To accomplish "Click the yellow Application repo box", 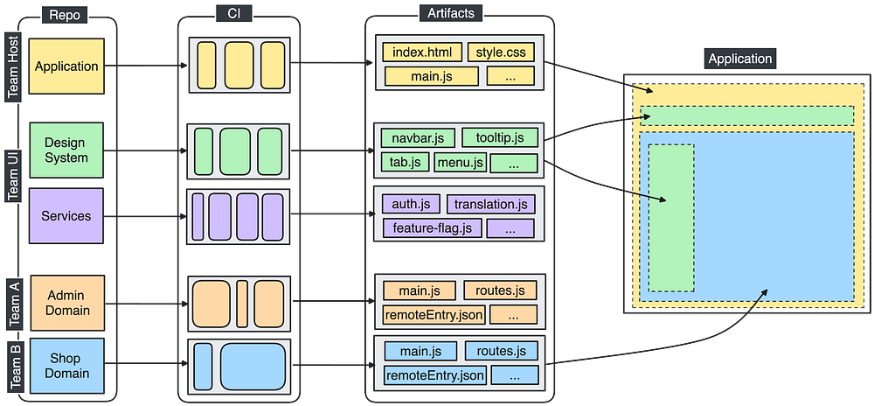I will (66, 66).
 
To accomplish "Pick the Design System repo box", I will (66, 150).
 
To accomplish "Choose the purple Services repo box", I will (66, 216).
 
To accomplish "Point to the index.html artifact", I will (421, 52).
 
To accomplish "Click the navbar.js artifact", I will (418, 138).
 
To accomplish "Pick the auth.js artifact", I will (410, 205).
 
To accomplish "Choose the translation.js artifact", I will (490, 205).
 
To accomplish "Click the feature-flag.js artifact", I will (431, 228).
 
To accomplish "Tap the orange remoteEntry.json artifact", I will (434, 314).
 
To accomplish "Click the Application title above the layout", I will (740, 59).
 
